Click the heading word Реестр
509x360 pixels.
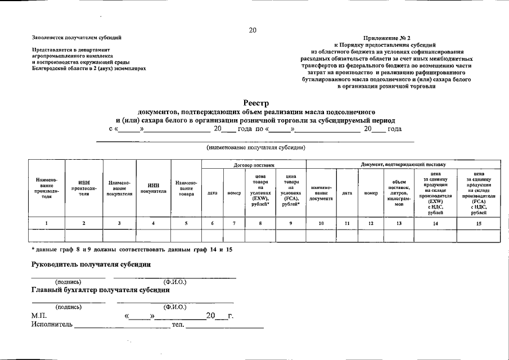(256, 103)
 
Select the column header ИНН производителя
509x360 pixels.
(84, 188)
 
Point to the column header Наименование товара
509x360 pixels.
(186, 188)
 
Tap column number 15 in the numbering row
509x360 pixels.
(479, 223)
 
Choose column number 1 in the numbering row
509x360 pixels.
(46, 223)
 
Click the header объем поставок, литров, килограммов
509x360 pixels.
(399, 193)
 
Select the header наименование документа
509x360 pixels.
(321, 193)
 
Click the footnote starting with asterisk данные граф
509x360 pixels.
(132, 249)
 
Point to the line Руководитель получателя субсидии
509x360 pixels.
(90, 264)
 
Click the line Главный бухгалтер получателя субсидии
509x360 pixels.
(100, 290)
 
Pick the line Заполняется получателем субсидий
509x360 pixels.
(76, 38)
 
